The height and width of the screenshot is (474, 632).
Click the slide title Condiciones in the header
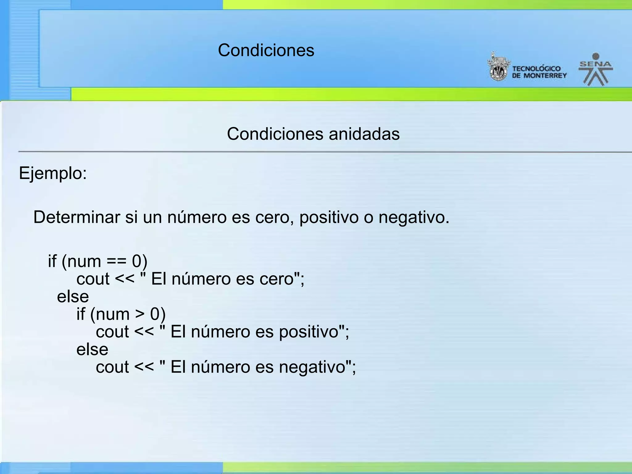(x=266, y=50)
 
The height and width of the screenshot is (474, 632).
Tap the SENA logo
(x=596, y=70)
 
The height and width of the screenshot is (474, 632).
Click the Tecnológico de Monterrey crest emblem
(x=498, y=67)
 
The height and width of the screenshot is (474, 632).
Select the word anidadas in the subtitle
(x=364, y=134)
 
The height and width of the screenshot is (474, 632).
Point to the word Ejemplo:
(x=53, y=173)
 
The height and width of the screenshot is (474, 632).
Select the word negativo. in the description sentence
(x=414, y=218)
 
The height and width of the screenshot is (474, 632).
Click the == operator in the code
(x=117, y=262)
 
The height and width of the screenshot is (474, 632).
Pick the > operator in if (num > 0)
(x=140, y=314)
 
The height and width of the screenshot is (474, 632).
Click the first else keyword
(x=73, y=297)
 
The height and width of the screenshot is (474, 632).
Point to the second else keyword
(x=92, y=350)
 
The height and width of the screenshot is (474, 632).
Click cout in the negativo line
(x=112, y=367)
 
